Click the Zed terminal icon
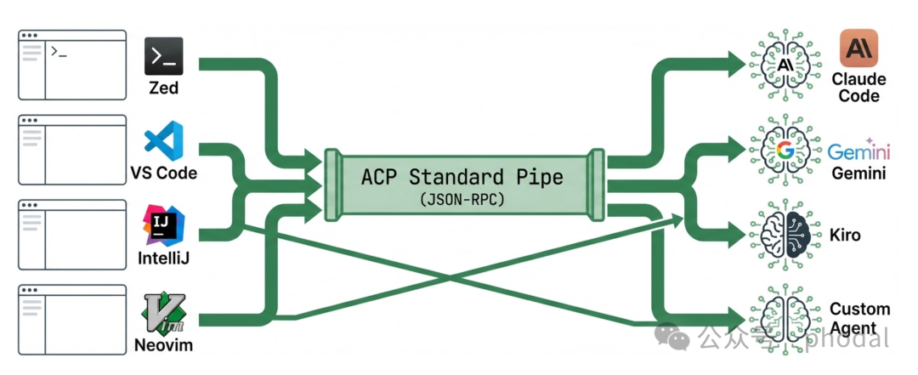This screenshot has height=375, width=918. [x=164, y=56]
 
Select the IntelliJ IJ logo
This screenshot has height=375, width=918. [x=164, y=224]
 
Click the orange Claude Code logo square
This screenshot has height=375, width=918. [x=858, y=48]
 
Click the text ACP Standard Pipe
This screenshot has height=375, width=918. [x=462, y=177]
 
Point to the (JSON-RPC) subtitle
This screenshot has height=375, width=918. [x=461, y=200]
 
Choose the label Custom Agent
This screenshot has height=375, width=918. [x=859, y=317]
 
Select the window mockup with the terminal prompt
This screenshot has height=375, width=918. [x=72, y=66]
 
